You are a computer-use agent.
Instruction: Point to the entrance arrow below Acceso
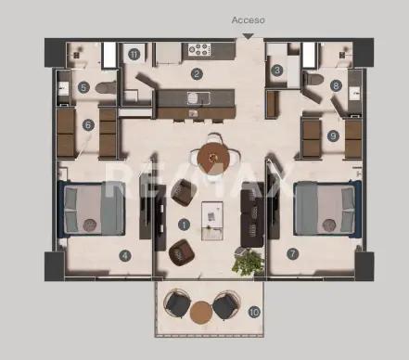tap(247, 36)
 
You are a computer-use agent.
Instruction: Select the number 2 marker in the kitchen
tap(197, 73)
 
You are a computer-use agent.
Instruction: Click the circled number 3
tap(277, 71)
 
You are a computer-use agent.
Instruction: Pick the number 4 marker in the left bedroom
tap(123, 255)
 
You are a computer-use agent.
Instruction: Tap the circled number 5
tap(83, 87)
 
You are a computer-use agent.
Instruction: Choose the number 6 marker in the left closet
tap(88, 125)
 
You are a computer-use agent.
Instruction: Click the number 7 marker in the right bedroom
tap(292, 252)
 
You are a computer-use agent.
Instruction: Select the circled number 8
tap(335, 85)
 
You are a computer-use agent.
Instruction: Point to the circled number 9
tap(333, 135)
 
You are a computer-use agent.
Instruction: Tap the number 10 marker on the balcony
tap(254, 312)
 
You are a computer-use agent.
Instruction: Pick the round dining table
tap(214, 152)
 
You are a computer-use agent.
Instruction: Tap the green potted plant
tap(246, 264)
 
